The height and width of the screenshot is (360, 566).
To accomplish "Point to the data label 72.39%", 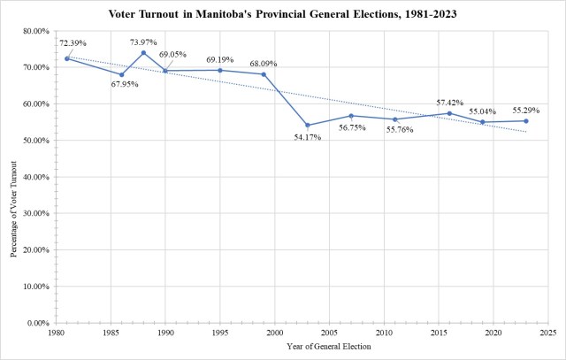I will click(74, 42).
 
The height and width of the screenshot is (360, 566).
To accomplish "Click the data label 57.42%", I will click(449, 103).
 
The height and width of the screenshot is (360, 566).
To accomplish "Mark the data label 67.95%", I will click(126, 85).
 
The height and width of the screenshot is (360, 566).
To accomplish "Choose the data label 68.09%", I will click(264, 63).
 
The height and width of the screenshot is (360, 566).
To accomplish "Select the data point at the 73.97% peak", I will click(143, 52).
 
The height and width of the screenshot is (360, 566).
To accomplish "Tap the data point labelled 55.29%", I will click(526, 121).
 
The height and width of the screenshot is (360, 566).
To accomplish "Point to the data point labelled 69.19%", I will click(219, 70).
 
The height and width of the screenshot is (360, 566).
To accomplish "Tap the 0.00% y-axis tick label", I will click(42, 324).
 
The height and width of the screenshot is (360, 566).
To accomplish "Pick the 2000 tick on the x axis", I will click(274, 333).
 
